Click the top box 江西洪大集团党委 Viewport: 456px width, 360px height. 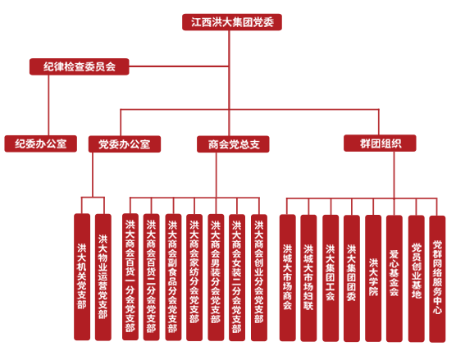point(232,22)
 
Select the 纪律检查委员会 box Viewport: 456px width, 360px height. point(79,66)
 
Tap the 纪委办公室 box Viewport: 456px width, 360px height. point(41,144)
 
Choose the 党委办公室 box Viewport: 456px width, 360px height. point(125,144)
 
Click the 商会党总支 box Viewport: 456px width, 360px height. point(233,144)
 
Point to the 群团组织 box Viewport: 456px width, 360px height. point(380,143)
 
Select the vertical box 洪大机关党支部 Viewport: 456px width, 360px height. point(82,277)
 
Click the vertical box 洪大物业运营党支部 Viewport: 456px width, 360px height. point(103,277)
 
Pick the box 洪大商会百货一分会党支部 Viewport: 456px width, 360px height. point(130,277)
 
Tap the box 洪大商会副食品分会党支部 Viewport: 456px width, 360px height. point(173,277)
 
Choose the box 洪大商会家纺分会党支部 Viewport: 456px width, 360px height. point(194,277)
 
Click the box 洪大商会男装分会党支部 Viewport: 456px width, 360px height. point(216,277)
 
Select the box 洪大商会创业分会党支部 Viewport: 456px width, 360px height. point(259,277)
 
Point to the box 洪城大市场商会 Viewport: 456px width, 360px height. point(288,278)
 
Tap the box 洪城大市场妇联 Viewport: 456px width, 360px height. point(308,278)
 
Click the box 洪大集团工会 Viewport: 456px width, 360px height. point(331,278)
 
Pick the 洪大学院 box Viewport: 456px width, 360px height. point(373,278)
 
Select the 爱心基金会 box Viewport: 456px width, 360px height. point(394,279)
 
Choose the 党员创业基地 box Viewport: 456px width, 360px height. point(416,279)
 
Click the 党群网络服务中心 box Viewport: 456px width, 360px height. point(437,279)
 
